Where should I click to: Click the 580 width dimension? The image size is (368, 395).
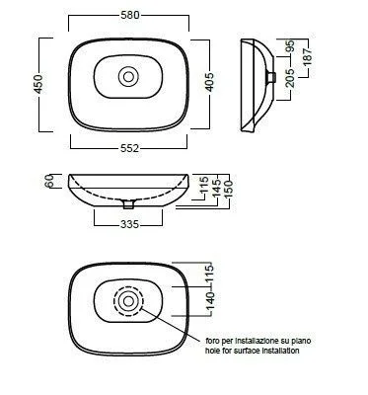point(130,15)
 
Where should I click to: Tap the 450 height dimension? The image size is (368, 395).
point(38,84)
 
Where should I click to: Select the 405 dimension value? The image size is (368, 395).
point(209,82)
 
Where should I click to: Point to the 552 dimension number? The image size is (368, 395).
point(129,149)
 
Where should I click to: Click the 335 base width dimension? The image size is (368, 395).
point(129,224)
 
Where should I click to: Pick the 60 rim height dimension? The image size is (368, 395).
point(49,181)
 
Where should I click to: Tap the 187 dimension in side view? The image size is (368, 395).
point(308,56)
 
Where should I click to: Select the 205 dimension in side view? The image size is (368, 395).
point(291,78)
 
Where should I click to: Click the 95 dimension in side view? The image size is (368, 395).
point(290,46)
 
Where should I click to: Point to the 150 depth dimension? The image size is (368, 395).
point(228,189)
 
